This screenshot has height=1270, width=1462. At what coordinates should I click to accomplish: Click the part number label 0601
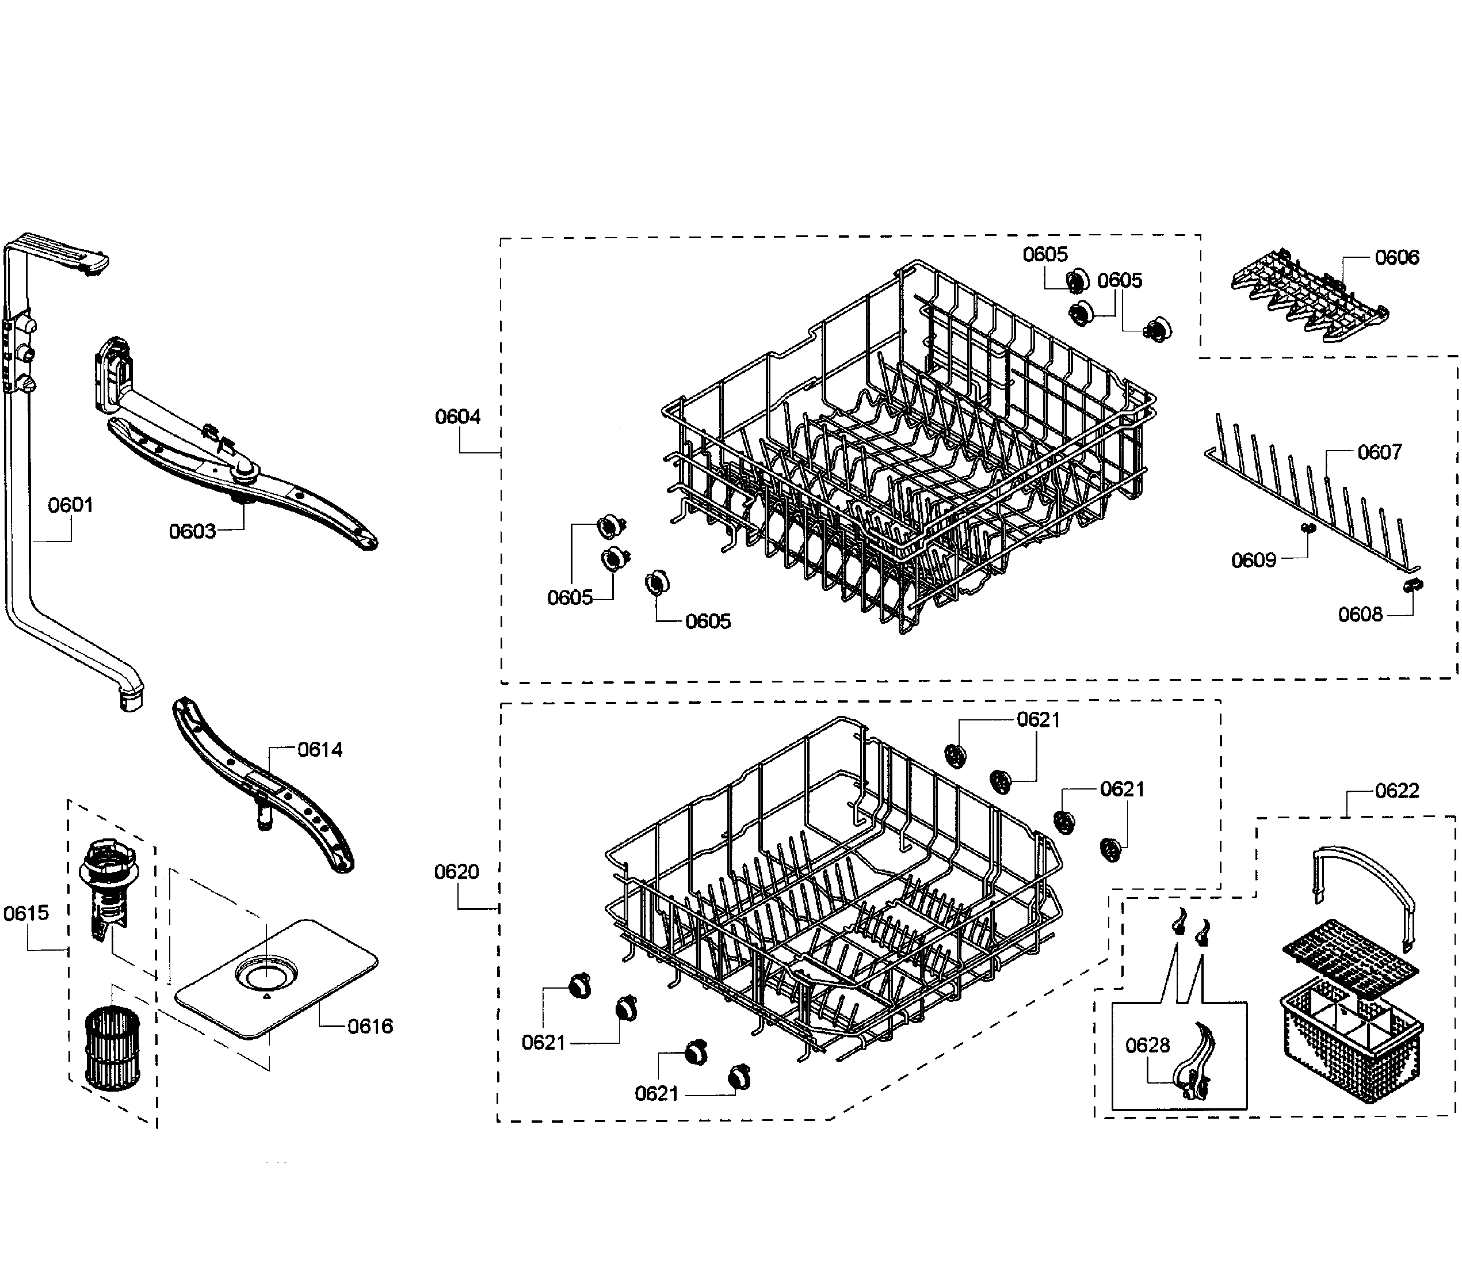[70, 505]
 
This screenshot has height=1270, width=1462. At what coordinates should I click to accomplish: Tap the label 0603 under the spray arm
[192, 532]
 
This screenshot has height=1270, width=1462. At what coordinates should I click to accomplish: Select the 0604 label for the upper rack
[458, 417]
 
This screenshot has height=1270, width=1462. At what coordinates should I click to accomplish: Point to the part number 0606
[1397, 257]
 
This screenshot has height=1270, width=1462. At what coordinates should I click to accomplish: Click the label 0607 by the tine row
[1379, 452]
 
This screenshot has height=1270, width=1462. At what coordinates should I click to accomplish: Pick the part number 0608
[1360, 615]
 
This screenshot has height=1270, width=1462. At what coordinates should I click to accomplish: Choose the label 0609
[1253, 560]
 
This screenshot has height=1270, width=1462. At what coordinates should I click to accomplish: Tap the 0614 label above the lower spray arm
[319, 750]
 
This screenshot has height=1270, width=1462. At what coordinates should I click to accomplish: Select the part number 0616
[370, 1026]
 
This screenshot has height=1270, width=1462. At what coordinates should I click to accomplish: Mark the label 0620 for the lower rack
[456, 872]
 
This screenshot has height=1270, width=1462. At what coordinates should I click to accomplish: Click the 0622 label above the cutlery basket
[1397, 790]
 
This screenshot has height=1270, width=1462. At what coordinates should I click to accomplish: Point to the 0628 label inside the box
[1147, 1046]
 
